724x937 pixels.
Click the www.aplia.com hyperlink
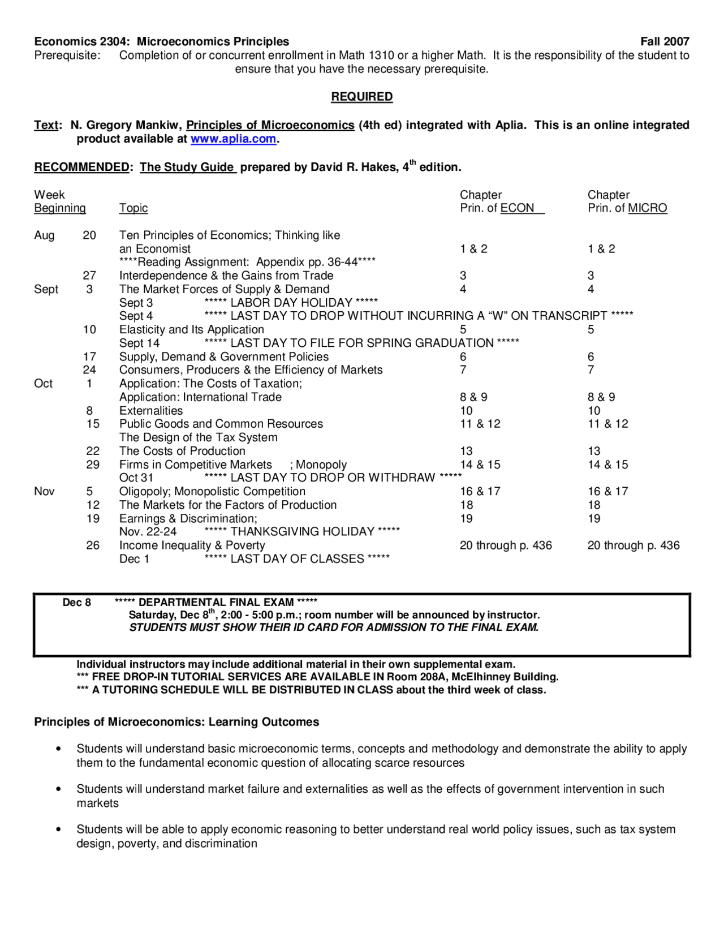coord(233,139)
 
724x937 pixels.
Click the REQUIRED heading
coord(361,97)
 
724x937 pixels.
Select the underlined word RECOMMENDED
coord(81,167)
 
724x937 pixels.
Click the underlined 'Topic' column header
coord(133,208)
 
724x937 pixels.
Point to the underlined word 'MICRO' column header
coord(647,208)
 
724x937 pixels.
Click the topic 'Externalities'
coord(150,411)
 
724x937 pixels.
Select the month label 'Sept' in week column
coord(46,289)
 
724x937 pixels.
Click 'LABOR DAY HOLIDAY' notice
coord(291,303)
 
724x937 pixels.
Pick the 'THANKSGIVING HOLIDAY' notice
coord(302,531)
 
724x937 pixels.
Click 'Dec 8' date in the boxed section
coord(76,602)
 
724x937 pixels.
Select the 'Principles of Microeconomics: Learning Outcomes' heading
coord(176,722)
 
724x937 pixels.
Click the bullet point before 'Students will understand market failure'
coord(58,789)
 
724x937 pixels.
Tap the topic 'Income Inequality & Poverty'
coord(192,545)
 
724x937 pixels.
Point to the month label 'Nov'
coord(44,491)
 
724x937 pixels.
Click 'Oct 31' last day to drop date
coord(136,478)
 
